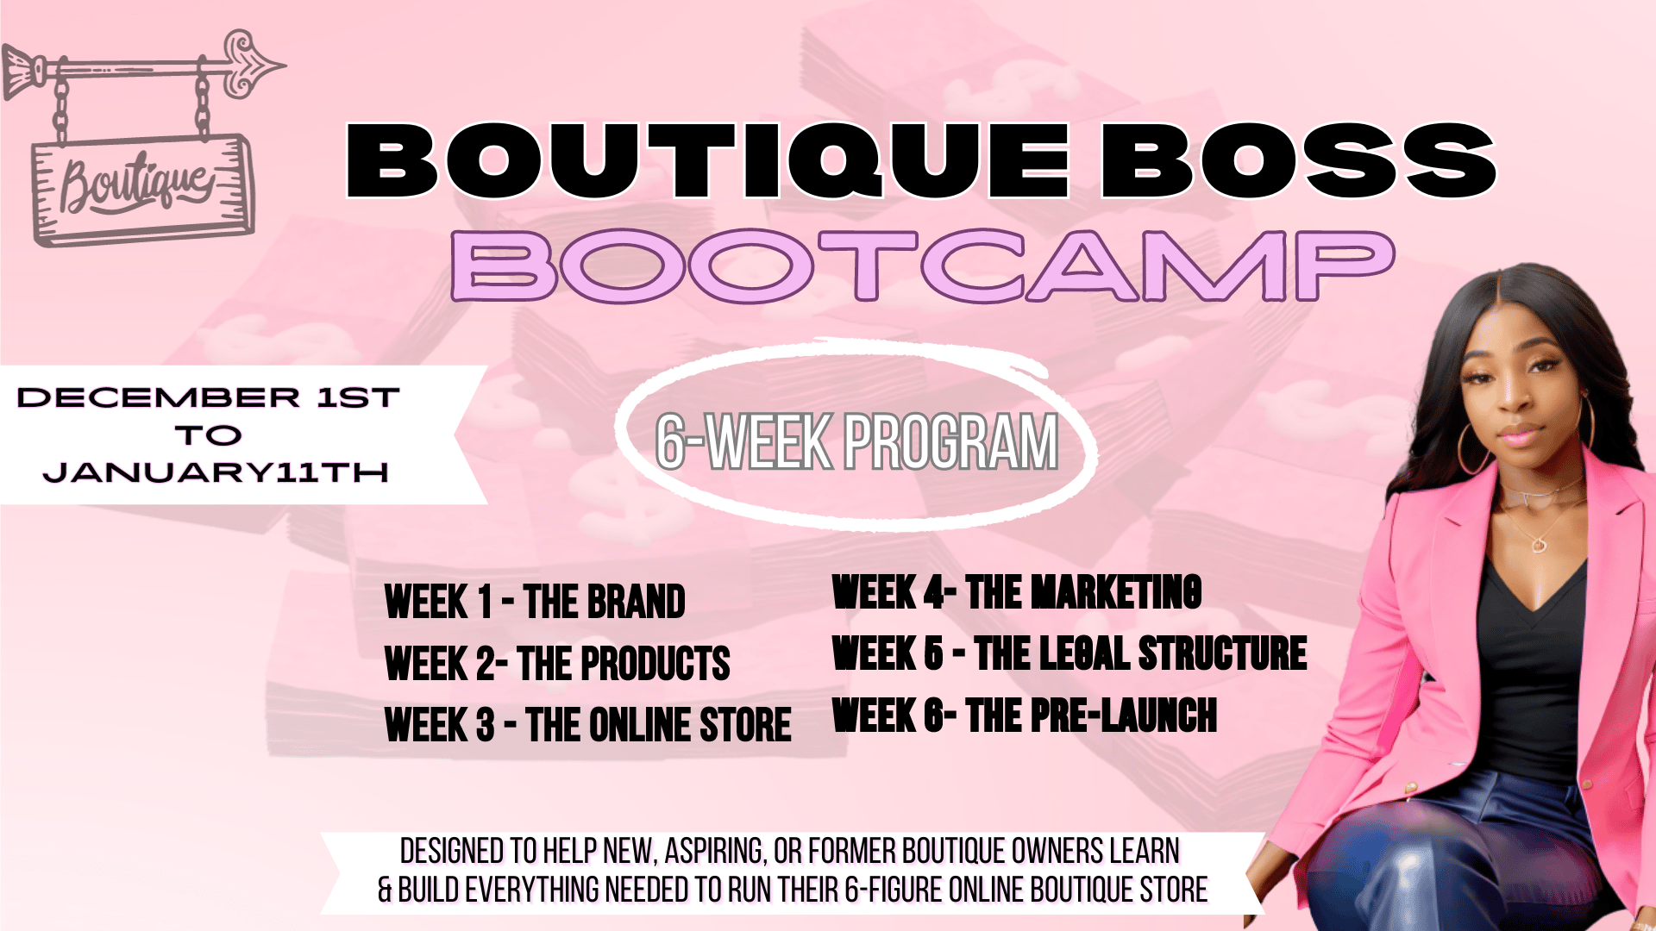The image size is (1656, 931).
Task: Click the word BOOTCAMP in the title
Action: [x=923, y=266]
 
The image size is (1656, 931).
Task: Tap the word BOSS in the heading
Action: [x=1298, y=161]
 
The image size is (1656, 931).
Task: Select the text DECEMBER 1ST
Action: [x=208, y=397]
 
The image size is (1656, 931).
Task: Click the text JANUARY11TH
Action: [x=216, y=472]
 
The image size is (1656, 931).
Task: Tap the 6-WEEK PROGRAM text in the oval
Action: [x=856, y=441]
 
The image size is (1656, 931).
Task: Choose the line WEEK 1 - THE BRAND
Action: [x=535, y=602]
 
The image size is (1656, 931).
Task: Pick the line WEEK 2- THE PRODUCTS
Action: [x=557, y=664]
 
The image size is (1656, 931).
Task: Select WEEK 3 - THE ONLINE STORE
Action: [x=588, y=724]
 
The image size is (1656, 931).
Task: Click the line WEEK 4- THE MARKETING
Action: [x=1017, y=592]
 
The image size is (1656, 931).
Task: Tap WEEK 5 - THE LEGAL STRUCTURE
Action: [x=1069, y=653]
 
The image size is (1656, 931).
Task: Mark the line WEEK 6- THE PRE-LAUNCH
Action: [x=1025, y=715]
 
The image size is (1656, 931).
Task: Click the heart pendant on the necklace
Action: [x=1539, y=545]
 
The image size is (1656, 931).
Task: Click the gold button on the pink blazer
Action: [x=1412, y=786]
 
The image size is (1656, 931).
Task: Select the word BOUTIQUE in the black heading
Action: [x=707, y=161]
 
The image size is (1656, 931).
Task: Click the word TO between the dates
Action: [x=209, y=435]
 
